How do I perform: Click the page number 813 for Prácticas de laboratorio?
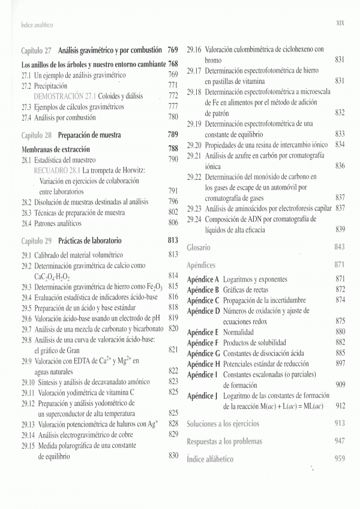coord(173,240)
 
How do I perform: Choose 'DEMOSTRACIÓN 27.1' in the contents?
coord(66,96)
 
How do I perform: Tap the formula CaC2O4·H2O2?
coord(53,277)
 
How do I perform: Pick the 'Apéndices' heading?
coord(202,264)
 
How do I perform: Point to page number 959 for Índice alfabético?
coord(339,460)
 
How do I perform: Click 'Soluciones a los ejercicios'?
coord(223,424)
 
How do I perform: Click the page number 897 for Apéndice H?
coord(340,364)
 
